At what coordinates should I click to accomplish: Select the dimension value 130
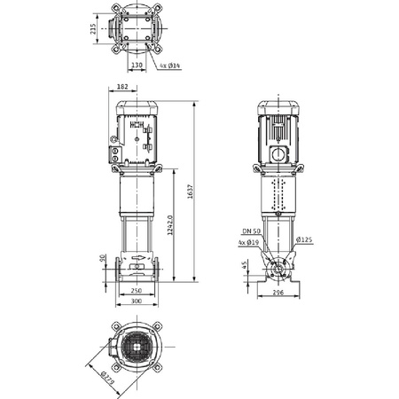pos(136,65)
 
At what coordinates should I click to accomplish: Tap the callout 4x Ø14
pos(169,66)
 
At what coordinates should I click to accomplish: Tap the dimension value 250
pos(137,290)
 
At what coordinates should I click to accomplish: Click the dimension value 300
pos(137,301)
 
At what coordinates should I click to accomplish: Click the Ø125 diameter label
pos(303,240)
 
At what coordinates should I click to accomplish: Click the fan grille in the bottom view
pos(138,345)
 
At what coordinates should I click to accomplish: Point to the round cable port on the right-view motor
pos(277,153)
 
